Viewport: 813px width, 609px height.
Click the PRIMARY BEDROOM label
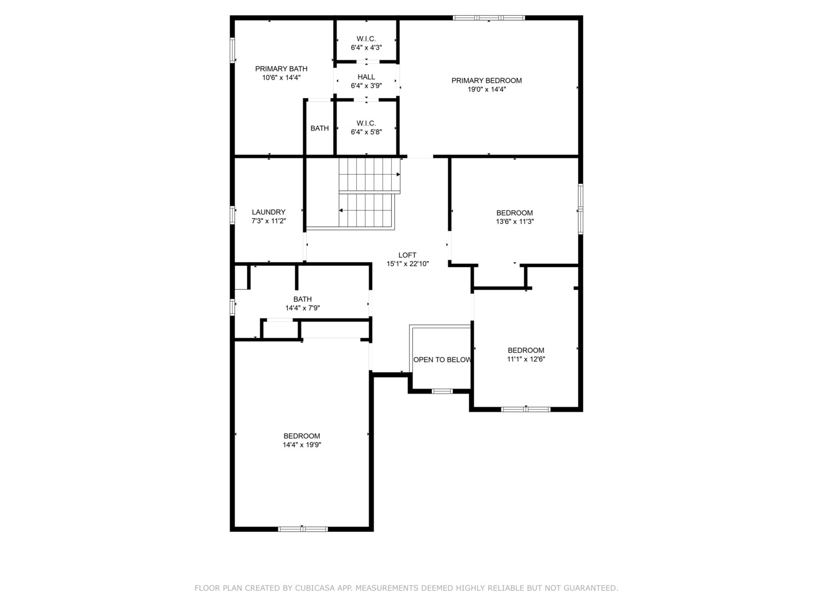486,81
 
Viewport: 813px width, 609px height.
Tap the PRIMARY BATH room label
281,69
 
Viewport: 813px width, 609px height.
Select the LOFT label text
407,255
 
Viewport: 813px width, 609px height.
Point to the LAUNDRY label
269,213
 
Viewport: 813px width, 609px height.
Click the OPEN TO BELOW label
442,360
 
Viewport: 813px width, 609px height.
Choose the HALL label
366,77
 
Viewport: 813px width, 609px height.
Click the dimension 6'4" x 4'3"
366,48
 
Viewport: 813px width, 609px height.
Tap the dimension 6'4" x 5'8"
366,133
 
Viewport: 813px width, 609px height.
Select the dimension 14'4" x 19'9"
302,445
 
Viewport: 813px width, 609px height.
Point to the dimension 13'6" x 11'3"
514,222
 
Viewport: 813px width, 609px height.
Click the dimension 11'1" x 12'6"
526,359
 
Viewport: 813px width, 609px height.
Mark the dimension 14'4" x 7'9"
302,308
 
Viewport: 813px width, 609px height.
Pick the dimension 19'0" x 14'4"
486,89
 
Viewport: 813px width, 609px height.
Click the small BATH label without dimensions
320,129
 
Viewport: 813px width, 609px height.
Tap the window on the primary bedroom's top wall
489,18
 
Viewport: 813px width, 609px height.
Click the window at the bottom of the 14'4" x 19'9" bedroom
303,529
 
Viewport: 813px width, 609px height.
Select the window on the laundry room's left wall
232,215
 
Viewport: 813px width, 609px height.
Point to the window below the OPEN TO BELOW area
442,391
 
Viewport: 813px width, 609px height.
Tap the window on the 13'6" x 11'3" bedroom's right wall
580,209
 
